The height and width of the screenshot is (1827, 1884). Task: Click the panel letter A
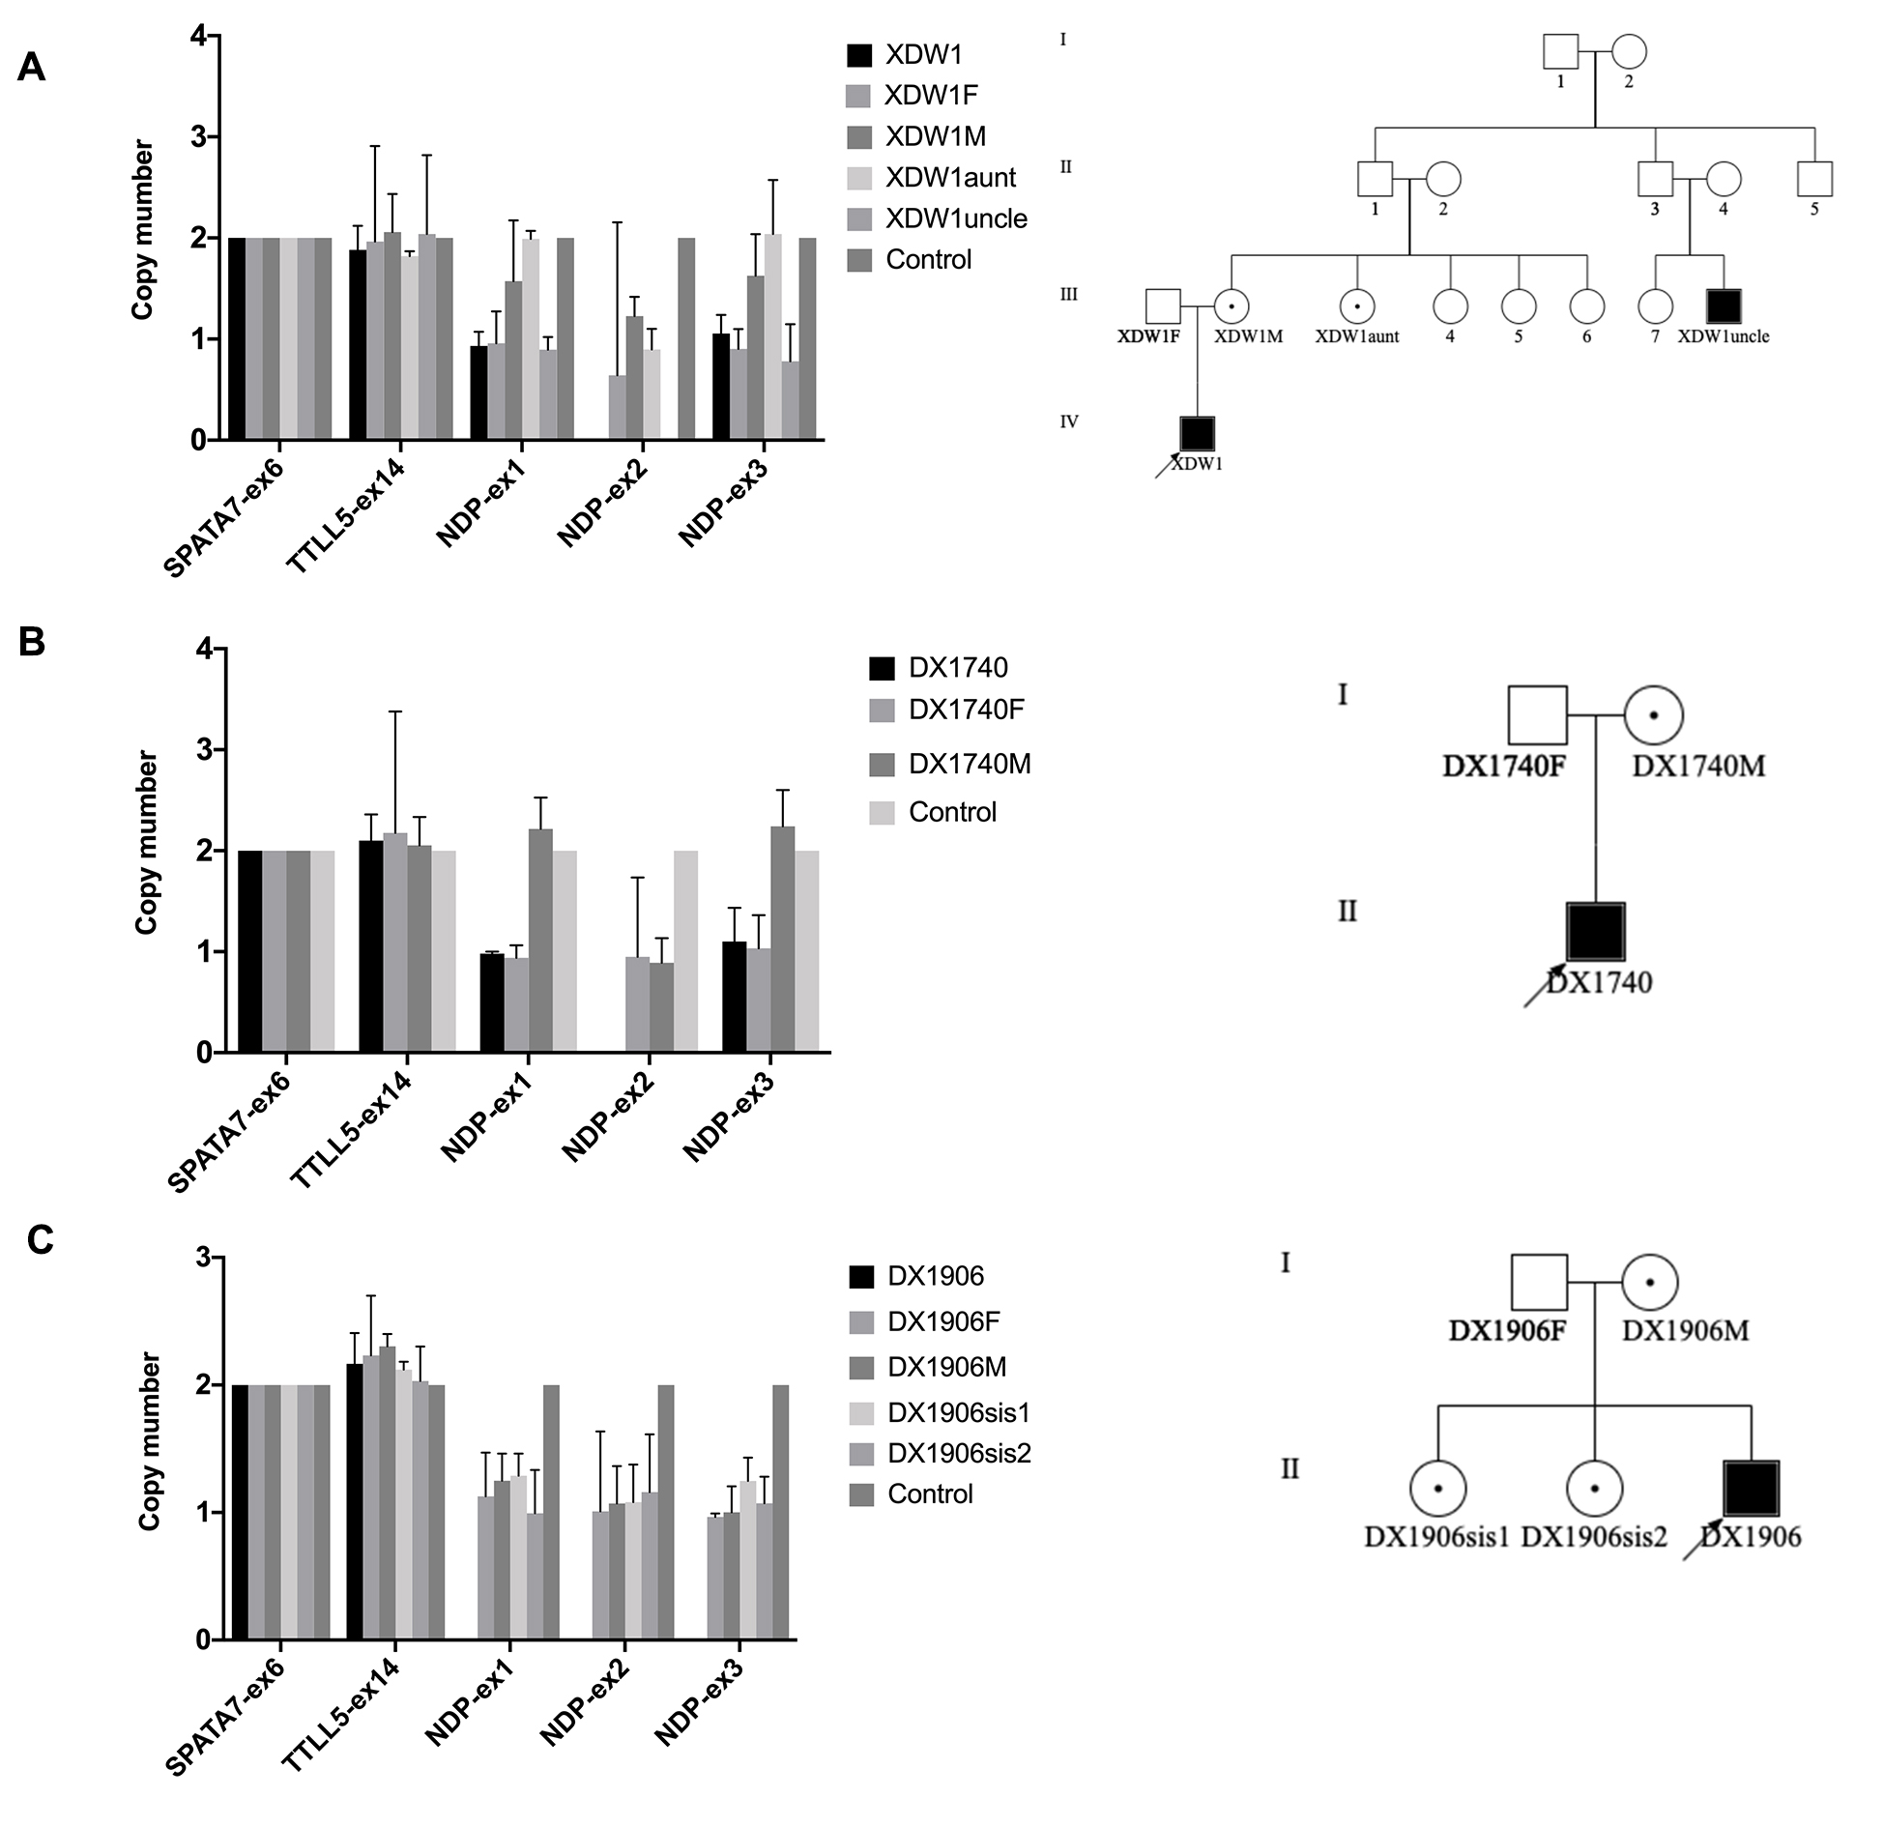pos(31,68)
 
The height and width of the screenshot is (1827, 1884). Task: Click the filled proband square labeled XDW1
pos(1198,434)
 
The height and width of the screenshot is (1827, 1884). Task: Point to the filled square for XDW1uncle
pos(1723,306)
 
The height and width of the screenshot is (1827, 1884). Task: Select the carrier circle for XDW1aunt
pos(1356,306)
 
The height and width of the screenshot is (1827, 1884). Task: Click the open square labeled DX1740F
pos(1537,715)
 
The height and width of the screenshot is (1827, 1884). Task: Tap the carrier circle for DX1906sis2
pos(1594,1489)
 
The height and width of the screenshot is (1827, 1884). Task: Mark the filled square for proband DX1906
pos(1751,1489)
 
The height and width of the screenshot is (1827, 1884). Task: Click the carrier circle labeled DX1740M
pos(1654,715)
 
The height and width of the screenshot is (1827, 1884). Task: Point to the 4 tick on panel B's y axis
pos(204,649)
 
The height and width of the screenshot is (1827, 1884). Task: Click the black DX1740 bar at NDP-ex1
pos(492,1002)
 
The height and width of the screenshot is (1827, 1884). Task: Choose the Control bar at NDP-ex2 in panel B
pos(685,951)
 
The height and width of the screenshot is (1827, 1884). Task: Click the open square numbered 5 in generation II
pos(1814,179)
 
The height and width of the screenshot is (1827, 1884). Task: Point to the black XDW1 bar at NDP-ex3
pos(721,387)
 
